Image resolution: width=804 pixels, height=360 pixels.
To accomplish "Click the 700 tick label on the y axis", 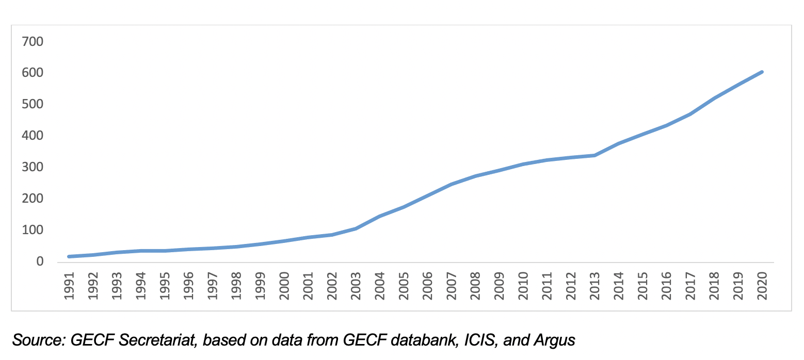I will [x=33, y=41].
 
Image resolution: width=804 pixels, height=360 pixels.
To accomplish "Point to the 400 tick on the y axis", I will [x=33, y=136].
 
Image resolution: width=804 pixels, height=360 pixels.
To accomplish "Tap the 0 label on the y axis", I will [x=40, y=262].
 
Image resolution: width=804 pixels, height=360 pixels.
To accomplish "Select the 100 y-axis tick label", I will [x=33, y=230].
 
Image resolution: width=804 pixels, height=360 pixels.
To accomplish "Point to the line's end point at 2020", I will [x=762, y=72].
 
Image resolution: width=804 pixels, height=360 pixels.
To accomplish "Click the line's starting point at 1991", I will [x=69, y=256].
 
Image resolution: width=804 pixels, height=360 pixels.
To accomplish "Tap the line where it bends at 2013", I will [x=596, y=155].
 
